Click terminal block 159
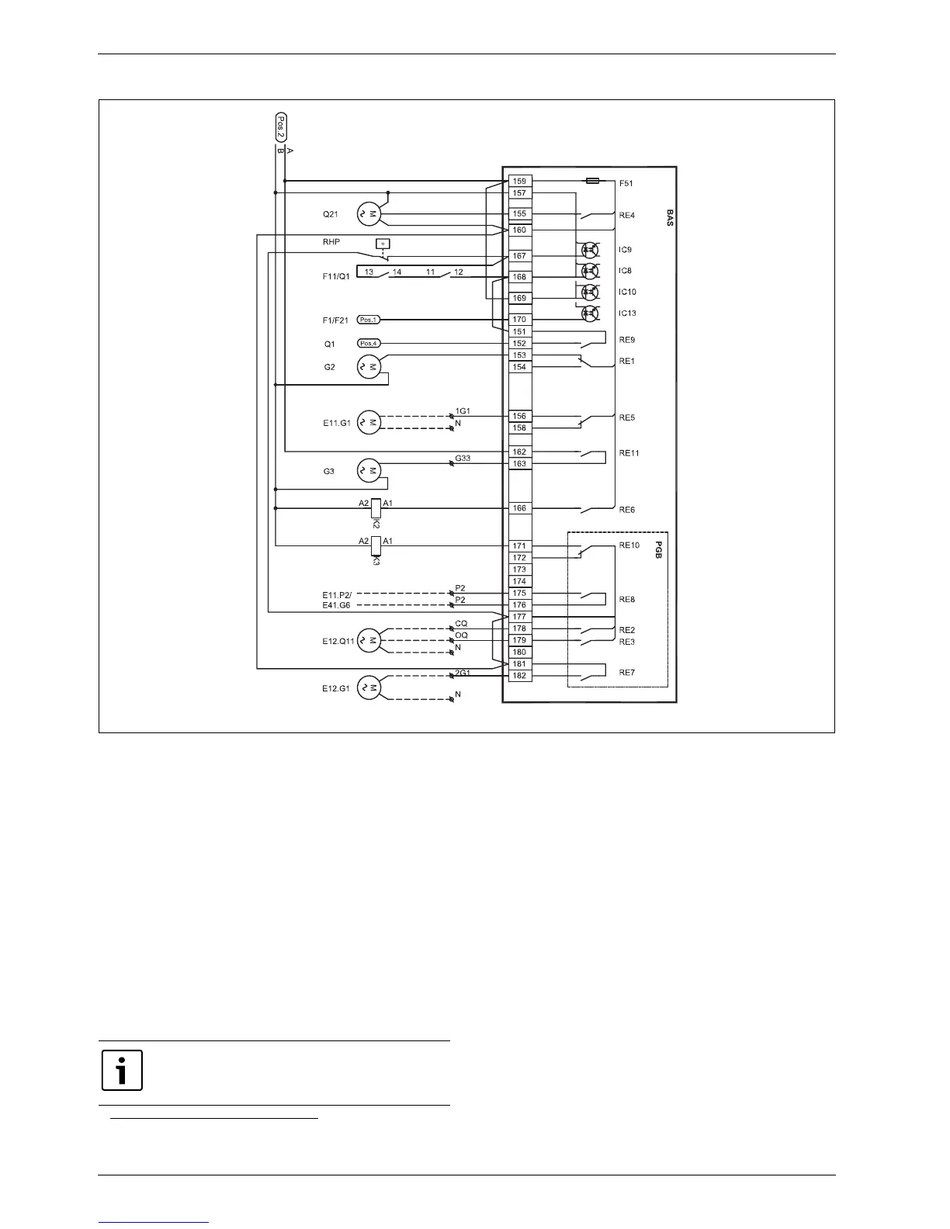(519, 182)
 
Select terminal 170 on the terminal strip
(519, 320)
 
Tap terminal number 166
(519, 509)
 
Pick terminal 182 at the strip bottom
(519, 676)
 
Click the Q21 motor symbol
(369, 214)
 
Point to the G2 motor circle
(369, 367)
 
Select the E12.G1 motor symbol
(369, 688)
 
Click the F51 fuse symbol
(592, 181)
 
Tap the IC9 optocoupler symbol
(590, 250)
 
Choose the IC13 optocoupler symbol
(590, 313)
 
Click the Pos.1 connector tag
(369, 320)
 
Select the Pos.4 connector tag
(369, 344)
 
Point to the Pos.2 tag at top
(281, 126)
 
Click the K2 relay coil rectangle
(376, 508)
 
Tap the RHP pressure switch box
(382, 244)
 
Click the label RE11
(628, 453)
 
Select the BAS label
(669, 217)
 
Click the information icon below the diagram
(122, 1070)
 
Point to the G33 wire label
(463, 459)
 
